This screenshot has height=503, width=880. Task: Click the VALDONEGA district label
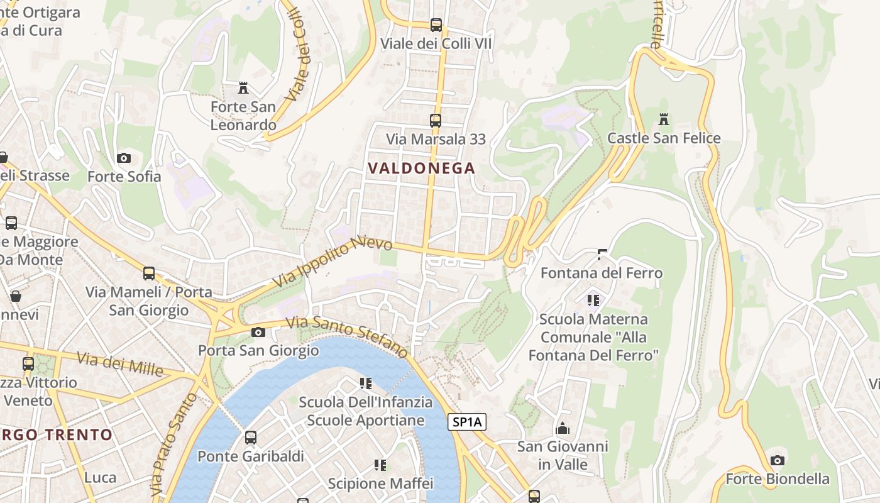coord(421,169)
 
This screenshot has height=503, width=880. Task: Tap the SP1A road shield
coord(467,422)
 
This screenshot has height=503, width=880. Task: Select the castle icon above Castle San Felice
coord(663,119)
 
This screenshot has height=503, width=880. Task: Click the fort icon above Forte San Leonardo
coord(243,87)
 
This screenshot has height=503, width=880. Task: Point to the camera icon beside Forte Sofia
coord(124,158)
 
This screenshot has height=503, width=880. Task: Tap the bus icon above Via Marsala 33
coord(435,120)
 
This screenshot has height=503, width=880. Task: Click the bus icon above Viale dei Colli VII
coord(436,25)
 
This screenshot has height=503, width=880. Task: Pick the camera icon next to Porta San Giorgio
coord(258,332)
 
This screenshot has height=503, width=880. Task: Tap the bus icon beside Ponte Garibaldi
coord(251,437)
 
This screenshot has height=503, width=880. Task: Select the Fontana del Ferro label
coord(602,273)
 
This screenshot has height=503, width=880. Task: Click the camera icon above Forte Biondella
coord(778,460)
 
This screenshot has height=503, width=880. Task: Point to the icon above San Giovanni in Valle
coord(563,428)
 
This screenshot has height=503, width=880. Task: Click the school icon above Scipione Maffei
coord(380,465)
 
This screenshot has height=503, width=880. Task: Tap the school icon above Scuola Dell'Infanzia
coord(365,383)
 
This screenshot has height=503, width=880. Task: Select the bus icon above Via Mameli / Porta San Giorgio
coord(149,274)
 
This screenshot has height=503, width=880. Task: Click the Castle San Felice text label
coord(664,138)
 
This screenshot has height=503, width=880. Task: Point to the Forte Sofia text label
coord(124,177)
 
